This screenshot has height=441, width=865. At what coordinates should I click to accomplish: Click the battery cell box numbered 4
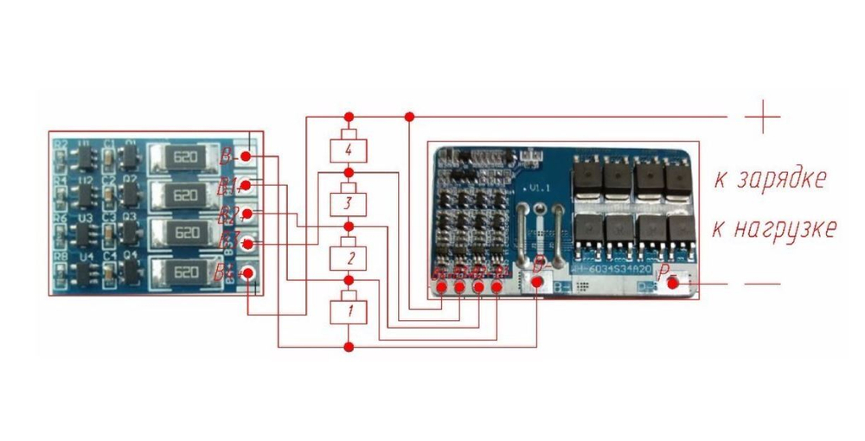click(349, 150)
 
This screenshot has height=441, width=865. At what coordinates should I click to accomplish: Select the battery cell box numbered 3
click(349, 204)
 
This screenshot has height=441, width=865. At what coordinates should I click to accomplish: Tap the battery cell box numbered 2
click(349, 258)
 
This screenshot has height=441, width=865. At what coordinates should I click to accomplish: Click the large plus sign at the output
click(762, 116)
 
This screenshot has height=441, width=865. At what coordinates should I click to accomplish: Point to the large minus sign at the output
click(762, 284)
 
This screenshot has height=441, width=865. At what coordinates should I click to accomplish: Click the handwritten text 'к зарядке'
click(770, 179)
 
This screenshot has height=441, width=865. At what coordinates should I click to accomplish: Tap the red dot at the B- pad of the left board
click(247, 157)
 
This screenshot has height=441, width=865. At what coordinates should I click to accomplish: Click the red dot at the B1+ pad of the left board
click(247, 185)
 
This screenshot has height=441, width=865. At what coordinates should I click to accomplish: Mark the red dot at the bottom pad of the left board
click(247, 274)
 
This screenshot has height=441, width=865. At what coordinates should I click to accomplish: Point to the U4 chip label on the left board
click(86, 258)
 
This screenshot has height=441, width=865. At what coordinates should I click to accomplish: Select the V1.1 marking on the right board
click(538, 187)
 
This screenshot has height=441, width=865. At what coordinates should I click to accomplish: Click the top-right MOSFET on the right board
click(677, 178)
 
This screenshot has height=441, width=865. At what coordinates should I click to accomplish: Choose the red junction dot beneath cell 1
click(349, 347)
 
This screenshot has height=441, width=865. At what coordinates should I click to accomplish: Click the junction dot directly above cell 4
click(349, 116)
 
